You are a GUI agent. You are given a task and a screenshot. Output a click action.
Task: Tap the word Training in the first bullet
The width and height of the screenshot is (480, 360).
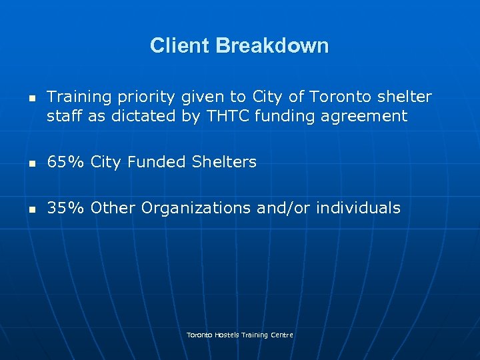point(79,97)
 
